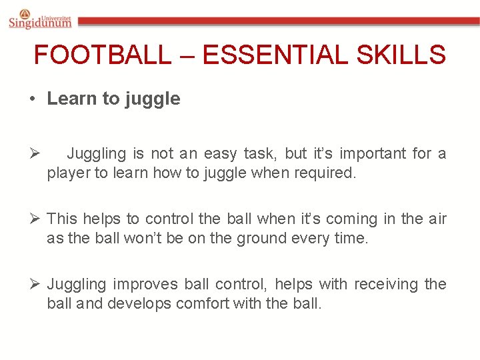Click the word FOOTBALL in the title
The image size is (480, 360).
[x=102, y=55]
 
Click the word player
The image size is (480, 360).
[x=68, y=173]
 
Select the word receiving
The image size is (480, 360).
[x=386, y=285]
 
